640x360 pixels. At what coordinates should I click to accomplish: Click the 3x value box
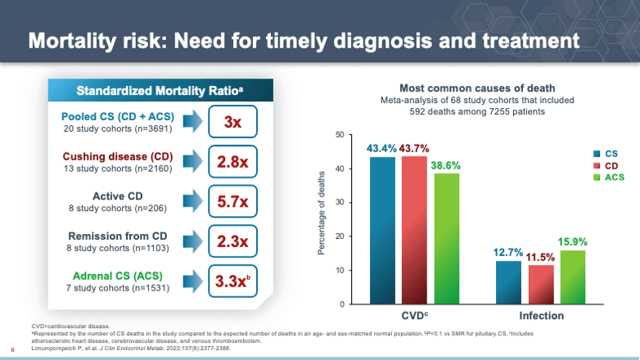click(x=232, y=122)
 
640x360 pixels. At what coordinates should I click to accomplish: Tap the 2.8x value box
click(x=232, y=162)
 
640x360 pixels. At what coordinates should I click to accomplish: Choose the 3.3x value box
click(x=232, y=281)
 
